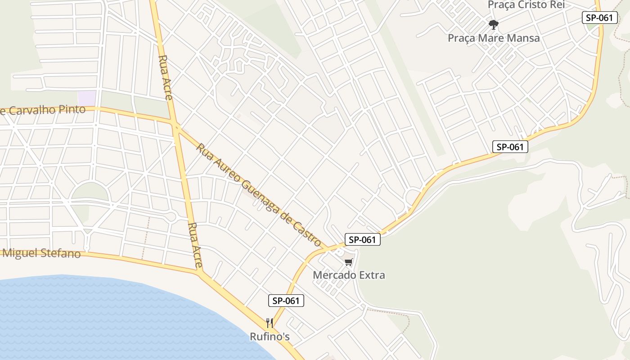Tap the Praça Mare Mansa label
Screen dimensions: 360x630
[494, 38]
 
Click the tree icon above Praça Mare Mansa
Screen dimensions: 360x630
[494, 24]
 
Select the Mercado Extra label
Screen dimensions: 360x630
[349, 275]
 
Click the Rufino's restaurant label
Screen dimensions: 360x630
[270, 337]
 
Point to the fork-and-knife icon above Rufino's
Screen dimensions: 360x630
[270, 323]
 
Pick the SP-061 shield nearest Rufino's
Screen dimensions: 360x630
[286, 301]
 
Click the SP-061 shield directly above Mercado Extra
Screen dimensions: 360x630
[363, 239]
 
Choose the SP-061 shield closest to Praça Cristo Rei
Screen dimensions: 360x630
[599, 18]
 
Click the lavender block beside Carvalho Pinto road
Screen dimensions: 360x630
[87, 98]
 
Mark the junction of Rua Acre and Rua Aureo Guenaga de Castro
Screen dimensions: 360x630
[175, 124]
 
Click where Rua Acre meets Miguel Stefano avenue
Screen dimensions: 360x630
[199, 271]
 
